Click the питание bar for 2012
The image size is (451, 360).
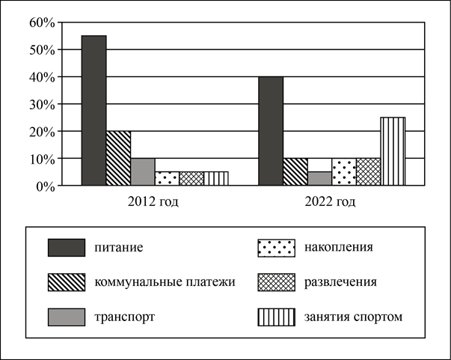click(x=94, y=111)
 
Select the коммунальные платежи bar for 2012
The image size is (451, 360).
click(x=118, y=158)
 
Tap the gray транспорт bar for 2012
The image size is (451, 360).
click(x=143, y=172)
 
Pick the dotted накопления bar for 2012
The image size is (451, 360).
click(x=168, y=178)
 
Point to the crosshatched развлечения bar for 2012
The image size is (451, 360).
click(x=191, y=178)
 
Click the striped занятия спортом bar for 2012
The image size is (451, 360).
click(x=216, y=178)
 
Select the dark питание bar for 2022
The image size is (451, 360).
click(x=271, y=131)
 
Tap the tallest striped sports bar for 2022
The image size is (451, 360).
click(x=393, y=151)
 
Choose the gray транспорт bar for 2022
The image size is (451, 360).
click(x=320, y=178)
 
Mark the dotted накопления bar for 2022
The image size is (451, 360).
click(x=344, y=172)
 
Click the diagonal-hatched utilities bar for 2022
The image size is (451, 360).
click(x=295, y=172)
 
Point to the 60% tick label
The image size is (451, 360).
click(x=42, y=22)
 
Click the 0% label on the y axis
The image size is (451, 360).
click(x=46, y=187)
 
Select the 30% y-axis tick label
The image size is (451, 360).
click(x=42, y=105)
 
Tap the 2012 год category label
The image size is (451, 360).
click(x=153, y=202)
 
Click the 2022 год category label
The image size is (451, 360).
click(x=330, y=202)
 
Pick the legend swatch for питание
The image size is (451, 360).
click(x=67, y=248)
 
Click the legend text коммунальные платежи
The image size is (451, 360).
click(x=165, y=282)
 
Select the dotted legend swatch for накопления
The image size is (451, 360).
click(x=277, y=248)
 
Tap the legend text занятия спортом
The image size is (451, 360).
click(x=354, y=317)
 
